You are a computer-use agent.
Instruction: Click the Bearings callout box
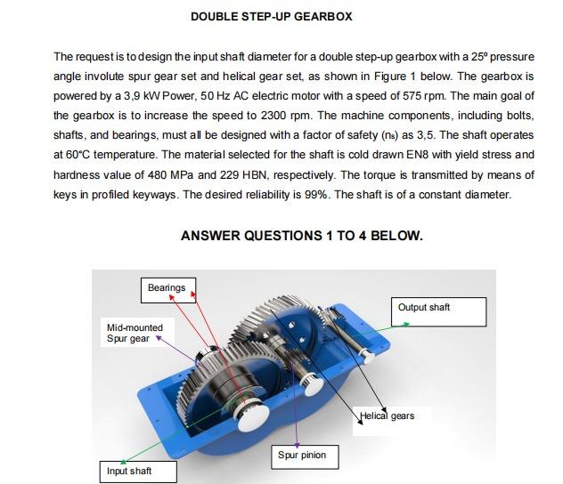(x=167, y=288)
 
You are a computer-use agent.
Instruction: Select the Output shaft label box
(x=437, y=310)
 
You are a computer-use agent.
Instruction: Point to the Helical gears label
(x=388, y=416)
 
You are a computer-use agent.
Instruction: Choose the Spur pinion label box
(x=302, y=456)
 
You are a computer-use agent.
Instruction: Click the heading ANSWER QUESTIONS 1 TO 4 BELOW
(x=301, y=236)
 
